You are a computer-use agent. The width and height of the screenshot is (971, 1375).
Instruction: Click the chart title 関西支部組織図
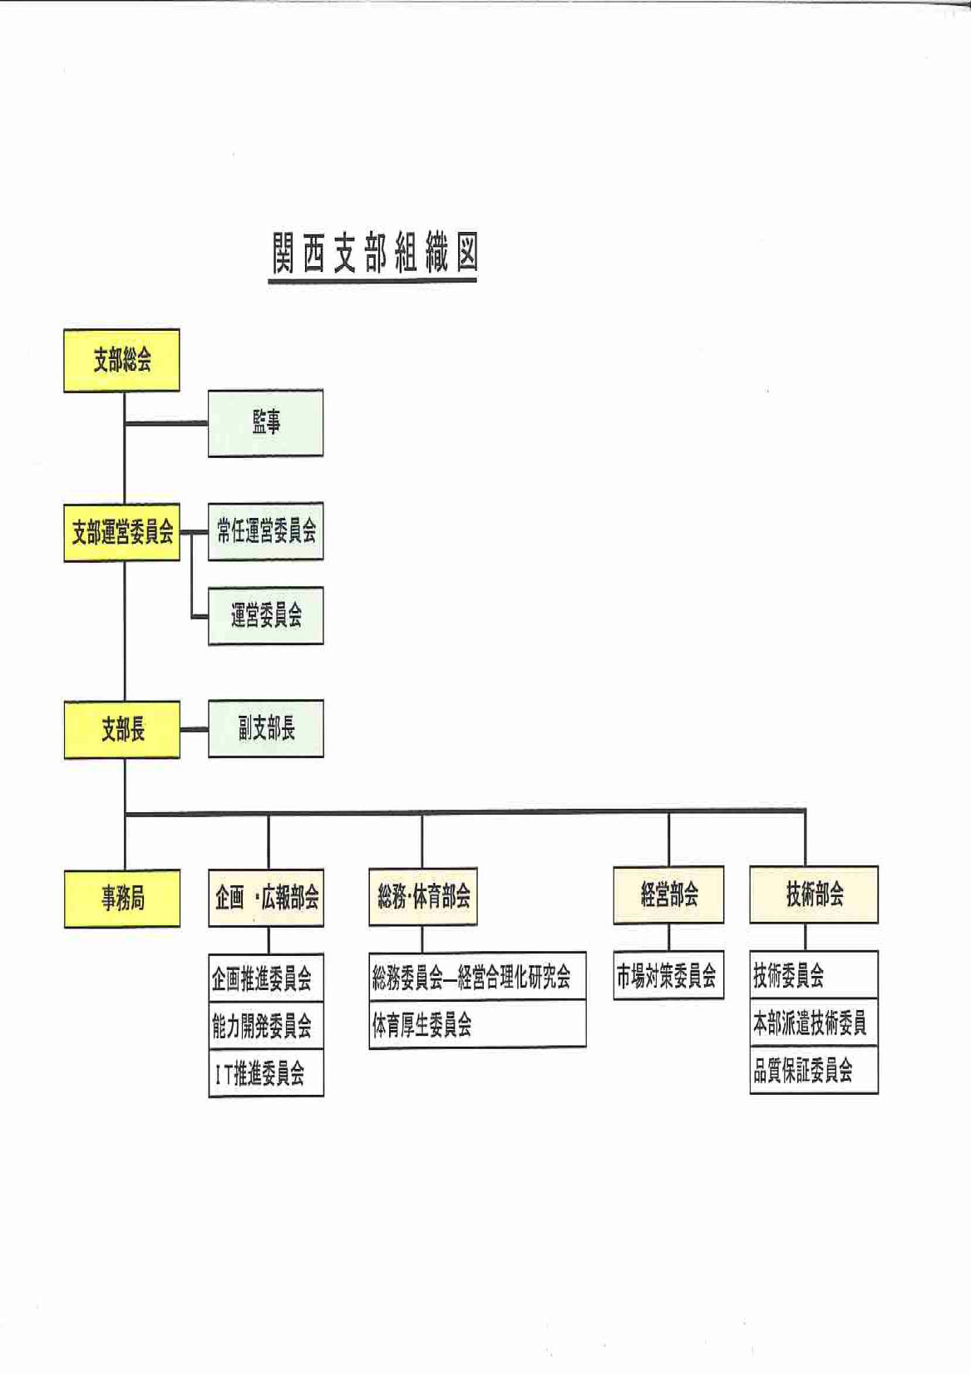(x=374, y=253)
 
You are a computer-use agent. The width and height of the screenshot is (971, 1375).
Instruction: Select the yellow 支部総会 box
(x=122, y=360)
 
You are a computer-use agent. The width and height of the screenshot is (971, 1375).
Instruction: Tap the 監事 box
(x=266, y=422)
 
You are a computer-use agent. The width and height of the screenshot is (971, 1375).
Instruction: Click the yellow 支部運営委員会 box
(x=122, y=532)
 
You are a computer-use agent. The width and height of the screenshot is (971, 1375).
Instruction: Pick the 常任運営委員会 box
(x=266, y=531)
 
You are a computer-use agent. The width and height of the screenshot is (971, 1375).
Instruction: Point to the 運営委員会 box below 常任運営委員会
(x=266, y=616)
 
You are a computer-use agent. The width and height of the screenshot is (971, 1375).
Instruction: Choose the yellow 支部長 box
(x=122, y=729)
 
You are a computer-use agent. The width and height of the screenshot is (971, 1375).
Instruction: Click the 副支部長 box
(x=266, y=729)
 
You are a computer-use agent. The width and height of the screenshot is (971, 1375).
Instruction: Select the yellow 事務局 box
(x=122, y=898)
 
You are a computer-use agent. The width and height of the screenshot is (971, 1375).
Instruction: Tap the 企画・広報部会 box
(x=266, y=897)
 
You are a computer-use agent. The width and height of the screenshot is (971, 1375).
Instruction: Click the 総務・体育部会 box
(x=423, y=896)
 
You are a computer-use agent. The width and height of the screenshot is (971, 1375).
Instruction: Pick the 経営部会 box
(x=668, y=894)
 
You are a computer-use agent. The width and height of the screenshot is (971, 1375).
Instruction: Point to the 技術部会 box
(x=814, y=894)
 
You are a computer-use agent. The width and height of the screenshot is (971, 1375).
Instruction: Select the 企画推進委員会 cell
(x=266, y=978)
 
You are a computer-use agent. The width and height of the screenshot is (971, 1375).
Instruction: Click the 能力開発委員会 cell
(x=266, y=1027)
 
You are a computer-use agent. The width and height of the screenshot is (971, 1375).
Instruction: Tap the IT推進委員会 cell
(x=266, y=1074)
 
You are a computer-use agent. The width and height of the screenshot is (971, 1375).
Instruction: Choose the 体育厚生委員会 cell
(x=477, y=1024)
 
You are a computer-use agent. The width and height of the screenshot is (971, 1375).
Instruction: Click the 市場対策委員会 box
(x=668, y=975)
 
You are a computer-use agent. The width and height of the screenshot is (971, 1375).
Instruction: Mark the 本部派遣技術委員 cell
(x=814, y=1023)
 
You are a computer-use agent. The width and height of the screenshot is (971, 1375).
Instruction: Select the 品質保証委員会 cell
(x=814, y=1070)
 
